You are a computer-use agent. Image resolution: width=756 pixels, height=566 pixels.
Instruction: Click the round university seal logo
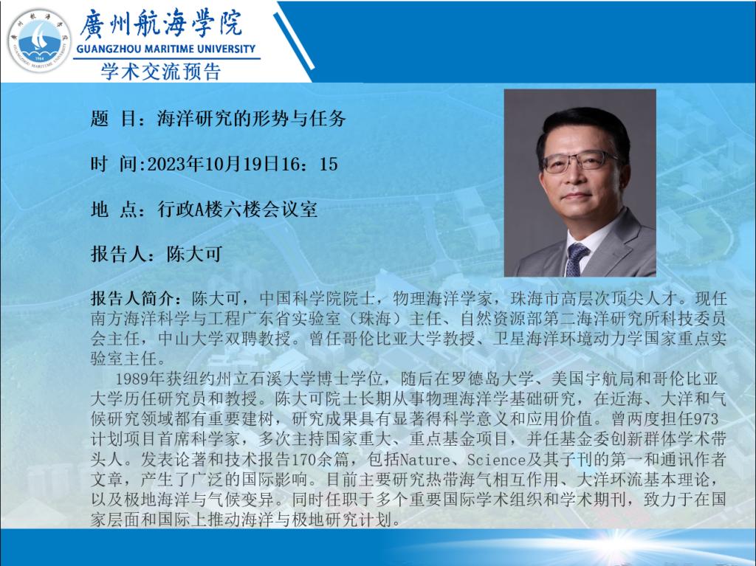pos(39,41)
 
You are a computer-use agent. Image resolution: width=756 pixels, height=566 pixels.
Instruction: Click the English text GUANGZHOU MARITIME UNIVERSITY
pos(166,49)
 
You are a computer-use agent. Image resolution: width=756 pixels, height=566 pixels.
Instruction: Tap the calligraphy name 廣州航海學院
pos(160,24)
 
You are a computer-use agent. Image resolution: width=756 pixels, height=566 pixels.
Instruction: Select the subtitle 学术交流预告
pos(160,72)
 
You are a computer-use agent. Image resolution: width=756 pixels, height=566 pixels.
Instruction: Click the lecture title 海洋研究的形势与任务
pos(251,119)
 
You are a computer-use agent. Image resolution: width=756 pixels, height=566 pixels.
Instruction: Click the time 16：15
pos(309,164)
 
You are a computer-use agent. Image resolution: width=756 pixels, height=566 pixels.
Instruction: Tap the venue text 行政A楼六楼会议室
pos(237,210)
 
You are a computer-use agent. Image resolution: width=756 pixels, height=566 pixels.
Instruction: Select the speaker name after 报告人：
pos(194,254)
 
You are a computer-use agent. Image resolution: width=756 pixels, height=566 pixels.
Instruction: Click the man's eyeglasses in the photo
pos(580,162)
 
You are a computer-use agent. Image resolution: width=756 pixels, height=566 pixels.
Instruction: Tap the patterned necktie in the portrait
pos(576,259)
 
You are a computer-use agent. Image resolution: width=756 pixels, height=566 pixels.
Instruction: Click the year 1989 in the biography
pos(134,379)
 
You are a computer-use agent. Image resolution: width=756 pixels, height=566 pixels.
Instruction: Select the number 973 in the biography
pos(705,418)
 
